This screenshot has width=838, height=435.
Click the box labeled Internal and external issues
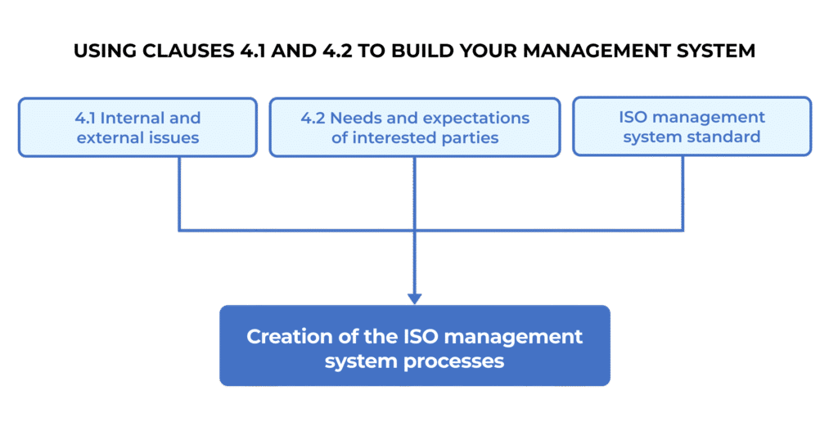point(137,128)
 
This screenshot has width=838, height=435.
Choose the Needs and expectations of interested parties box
point(415,128)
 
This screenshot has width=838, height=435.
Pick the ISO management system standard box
point(692,128)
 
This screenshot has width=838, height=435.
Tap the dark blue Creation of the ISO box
point(415,347)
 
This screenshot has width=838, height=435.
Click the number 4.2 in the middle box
point(313,118)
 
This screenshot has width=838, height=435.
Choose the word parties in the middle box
point(470,138)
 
